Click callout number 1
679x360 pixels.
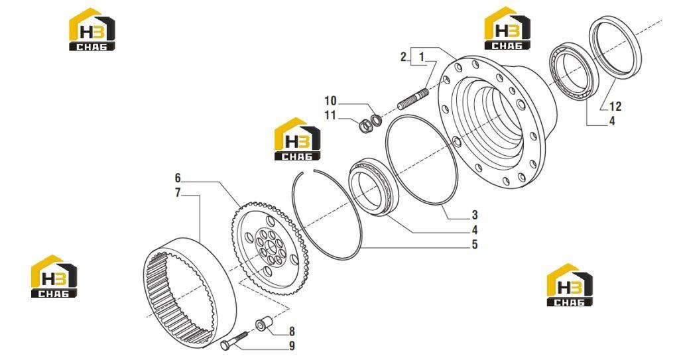click(x=422, y=56)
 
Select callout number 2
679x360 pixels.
click(x=404, y=56)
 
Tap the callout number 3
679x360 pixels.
click(x=475, y=215)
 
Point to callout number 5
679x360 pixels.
click(x=475, y=245)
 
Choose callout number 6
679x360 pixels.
click(x=178, y=178)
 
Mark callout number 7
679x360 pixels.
click(x=178, y=193)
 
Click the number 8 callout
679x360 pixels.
click(x=292, y=332)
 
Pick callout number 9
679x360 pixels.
click(x=292, y=346)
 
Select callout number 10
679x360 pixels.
click(x=330, y=101)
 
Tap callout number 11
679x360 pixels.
click(x=330, y=115)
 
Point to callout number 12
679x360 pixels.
click(x=615, y=106)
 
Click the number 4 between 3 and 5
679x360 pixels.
click(x=475, y=230)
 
